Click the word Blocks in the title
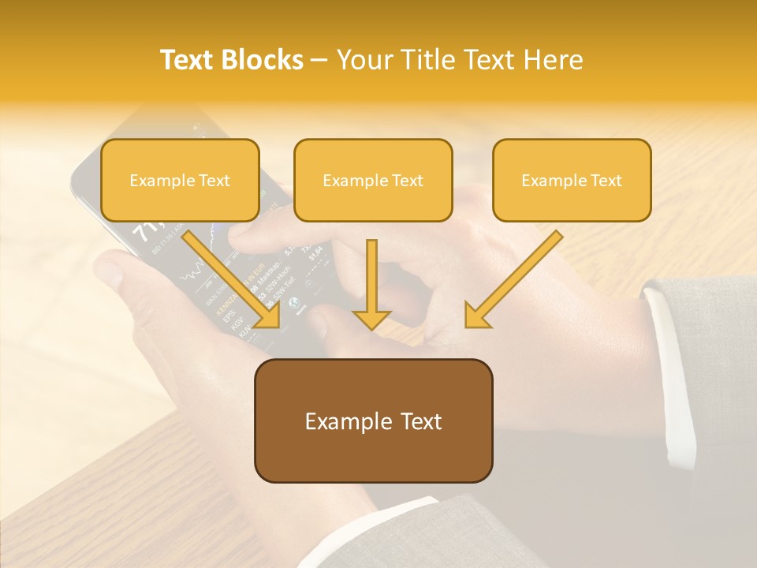point(263,61)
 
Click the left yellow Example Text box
point(180,181)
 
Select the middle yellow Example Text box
point(373,181)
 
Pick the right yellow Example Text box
point(572,181)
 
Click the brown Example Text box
point(373,421)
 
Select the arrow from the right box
point(516,276)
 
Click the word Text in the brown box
point(417,421)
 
